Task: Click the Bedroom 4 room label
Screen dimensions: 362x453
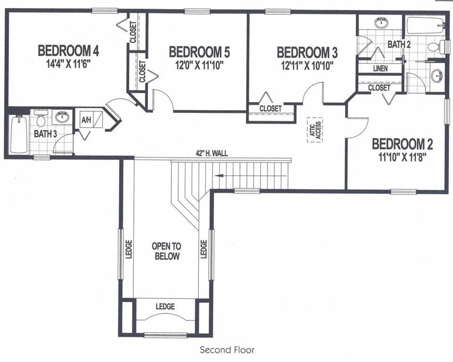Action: coord(68,50)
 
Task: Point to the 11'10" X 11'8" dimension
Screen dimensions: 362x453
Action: coord(402,156)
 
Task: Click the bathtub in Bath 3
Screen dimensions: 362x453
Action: coord(19,134)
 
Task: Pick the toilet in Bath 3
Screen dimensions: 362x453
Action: coord(41,120)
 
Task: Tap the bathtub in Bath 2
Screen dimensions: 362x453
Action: coord(425,25)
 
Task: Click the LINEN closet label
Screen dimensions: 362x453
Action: coord(380,69)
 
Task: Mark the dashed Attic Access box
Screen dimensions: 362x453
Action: coord(314,130)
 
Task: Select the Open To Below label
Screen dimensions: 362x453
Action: coord(166,251)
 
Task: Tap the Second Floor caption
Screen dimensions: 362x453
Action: coord(227,350)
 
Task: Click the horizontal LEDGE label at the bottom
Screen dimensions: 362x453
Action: coord(165,306)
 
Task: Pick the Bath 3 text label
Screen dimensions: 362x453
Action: coord(45,134)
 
